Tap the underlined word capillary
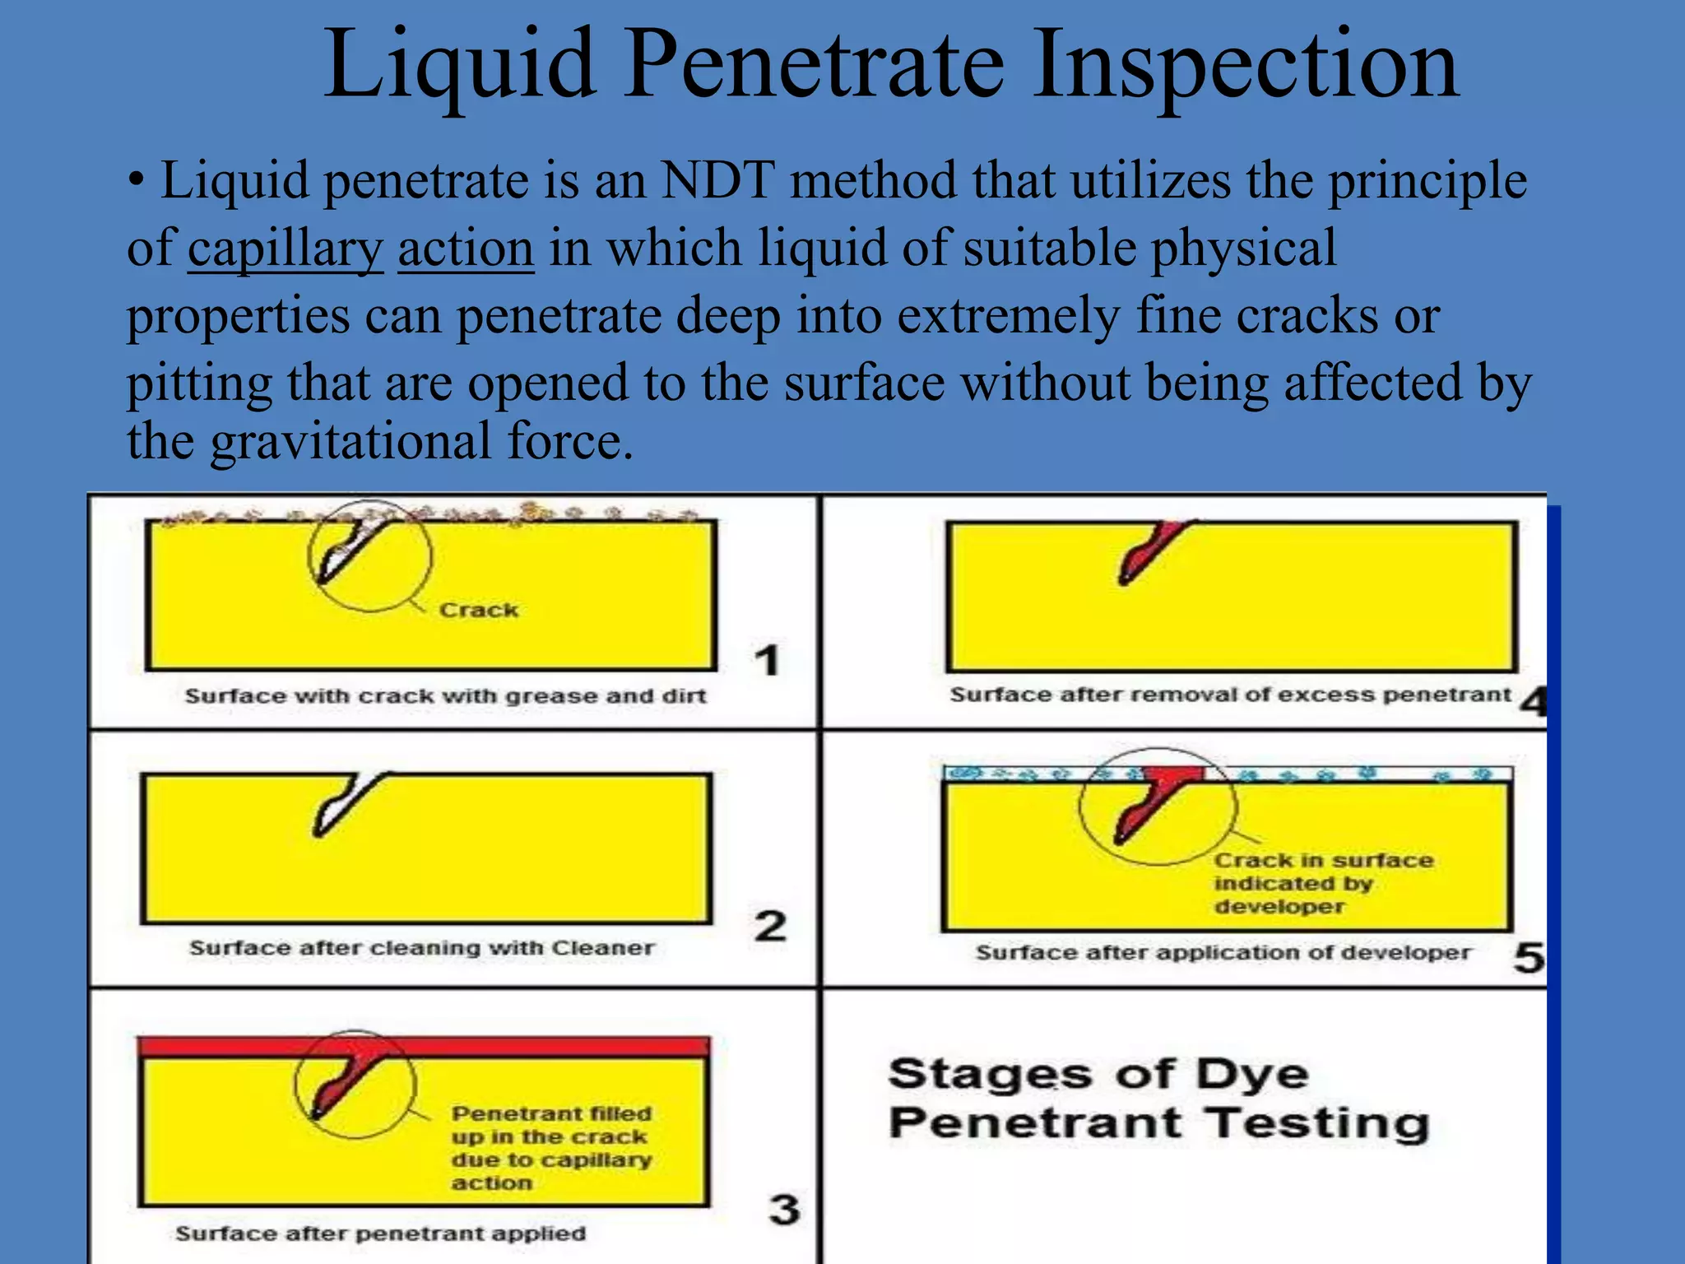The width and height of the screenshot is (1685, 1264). click(285, 249)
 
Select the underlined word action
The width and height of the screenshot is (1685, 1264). click(466, 249)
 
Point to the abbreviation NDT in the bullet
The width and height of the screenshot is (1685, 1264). click(717, 180)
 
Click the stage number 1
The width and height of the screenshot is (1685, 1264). click(767, 661)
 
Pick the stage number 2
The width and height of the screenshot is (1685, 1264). click(770, 926)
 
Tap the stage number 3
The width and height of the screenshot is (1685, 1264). click(784, 1209)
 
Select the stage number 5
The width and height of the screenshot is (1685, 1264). click(1529, 957)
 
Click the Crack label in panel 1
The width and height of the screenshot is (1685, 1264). click(479, 610)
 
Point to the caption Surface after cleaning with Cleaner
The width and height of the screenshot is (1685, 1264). click(421, 948)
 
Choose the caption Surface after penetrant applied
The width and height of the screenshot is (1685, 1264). click(380, 1234)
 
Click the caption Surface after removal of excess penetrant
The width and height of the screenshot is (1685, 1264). click(1231, 695)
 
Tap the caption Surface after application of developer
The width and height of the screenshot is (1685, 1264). click(1223, 953)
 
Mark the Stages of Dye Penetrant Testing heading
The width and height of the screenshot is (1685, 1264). click(1158, 1099)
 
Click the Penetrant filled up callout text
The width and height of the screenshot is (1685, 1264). click(551, 1148)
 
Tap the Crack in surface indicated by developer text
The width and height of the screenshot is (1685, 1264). click(1323, 883)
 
